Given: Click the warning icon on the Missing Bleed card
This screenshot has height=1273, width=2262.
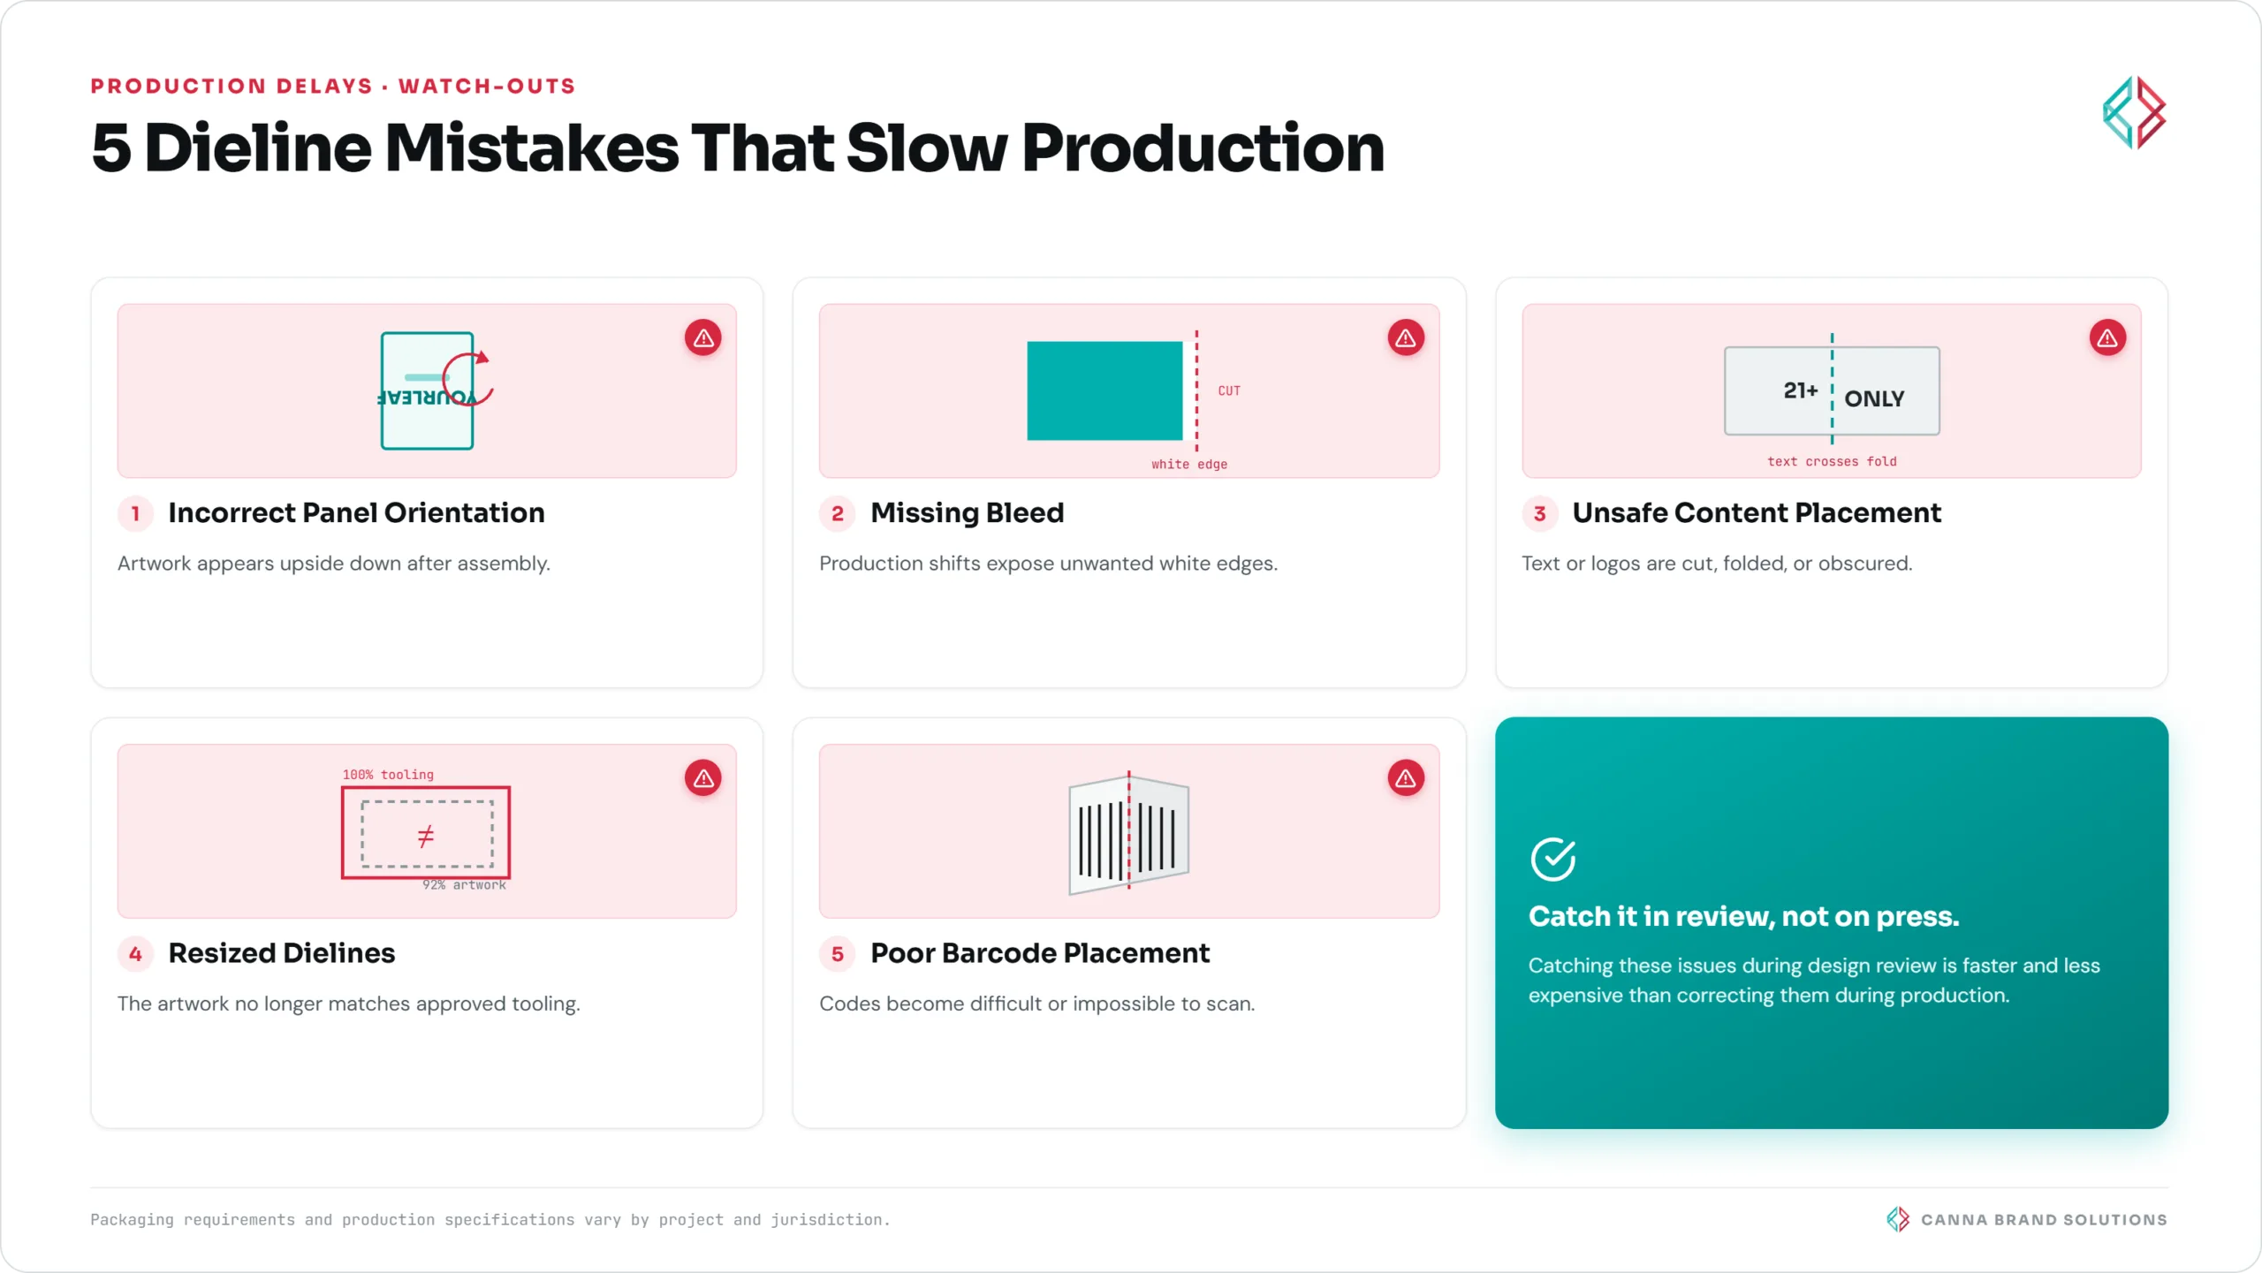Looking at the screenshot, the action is point(1405,337).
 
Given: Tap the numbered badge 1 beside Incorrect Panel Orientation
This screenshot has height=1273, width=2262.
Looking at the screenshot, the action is point(135,513).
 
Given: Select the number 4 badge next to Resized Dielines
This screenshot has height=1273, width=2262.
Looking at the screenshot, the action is point(135,953).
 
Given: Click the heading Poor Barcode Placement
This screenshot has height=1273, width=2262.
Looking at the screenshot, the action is point(1039,952).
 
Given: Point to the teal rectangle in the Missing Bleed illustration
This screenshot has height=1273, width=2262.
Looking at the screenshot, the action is point(1104,390).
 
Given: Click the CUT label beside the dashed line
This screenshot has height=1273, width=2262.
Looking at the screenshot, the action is point(1229,390).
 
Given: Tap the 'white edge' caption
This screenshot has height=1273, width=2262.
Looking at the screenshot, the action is point(1189,464).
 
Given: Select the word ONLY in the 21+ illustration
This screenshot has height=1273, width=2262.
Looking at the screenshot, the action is point(1874,398).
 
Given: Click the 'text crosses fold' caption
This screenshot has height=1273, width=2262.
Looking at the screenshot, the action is point(1832,461).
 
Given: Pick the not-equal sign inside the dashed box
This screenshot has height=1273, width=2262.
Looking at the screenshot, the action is point(426,836).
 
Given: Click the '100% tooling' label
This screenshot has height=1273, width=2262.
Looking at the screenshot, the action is point(388,775).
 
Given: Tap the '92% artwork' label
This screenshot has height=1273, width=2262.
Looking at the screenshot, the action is point(464,884).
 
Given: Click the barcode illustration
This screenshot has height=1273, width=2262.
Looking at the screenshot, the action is point(1128,834).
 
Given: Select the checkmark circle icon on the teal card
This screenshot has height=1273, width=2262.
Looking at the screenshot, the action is point(1552,860).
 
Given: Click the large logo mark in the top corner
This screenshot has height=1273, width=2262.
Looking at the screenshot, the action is point(2134,112).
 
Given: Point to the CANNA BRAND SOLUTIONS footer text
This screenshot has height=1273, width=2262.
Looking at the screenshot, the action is point(2044,1219).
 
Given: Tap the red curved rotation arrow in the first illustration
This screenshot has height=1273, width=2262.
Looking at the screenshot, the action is point(467,379).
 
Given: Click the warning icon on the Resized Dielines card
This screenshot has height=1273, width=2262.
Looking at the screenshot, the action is point(702,777).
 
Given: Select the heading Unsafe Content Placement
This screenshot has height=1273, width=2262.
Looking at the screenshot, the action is point(1757,512).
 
